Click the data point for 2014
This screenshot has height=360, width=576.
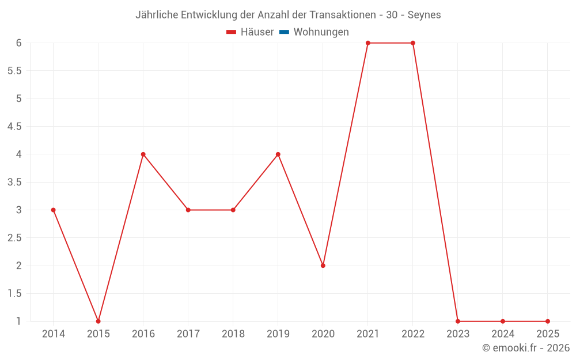coord(54,210)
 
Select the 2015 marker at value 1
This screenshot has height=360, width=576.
coord(98,321)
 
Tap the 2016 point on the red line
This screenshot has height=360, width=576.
coord(143,154)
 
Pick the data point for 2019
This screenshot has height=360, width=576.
coord(278,154)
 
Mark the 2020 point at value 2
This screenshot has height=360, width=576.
coord(323,266)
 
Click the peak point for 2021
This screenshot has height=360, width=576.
coord(368,43)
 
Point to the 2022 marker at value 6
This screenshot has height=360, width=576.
coord(413,43)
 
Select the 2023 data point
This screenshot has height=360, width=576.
coord(458,321)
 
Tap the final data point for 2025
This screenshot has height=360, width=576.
coord(548,321)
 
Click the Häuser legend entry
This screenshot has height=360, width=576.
coord(257,32)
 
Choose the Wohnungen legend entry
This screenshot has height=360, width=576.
coord(321,32)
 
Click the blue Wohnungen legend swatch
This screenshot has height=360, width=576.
coord(284,32)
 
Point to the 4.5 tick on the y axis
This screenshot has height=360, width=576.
coord(14,127)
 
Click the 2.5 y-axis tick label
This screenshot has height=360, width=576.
coord(14,238)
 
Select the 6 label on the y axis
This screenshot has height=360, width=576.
coord(18,43)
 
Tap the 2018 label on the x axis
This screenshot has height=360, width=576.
coord(233,334)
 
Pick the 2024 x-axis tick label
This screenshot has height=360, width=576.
coord(503,334)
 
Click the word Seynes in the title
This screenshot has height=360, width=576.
coord(425,15)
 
